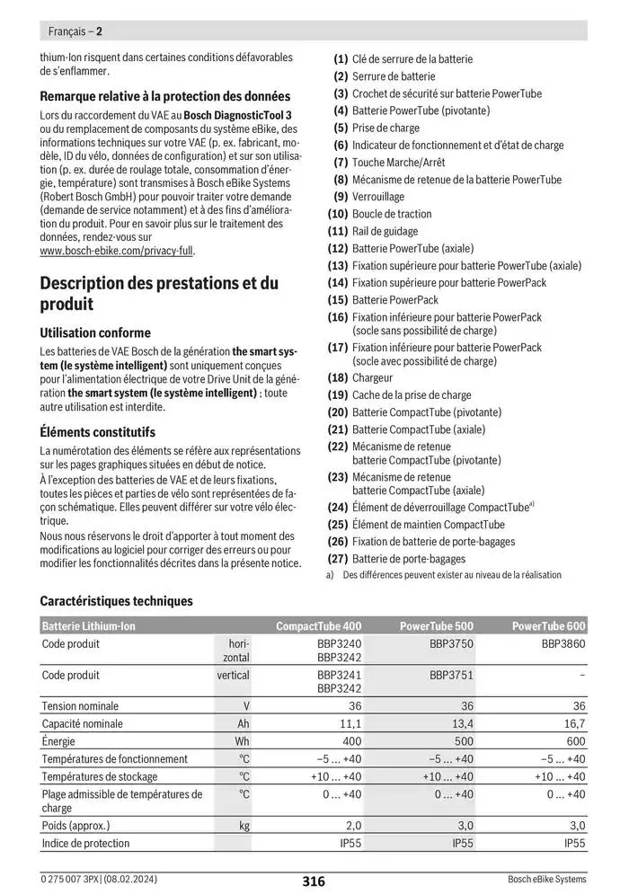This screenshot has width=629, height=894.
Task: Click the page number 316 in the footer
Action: (x=314, y=881)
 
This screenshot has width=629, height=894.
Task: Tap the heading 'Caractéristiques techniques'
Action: (x=117, y=601)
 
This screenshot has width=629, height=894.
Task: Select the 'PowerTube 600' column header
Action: (x=548, y=626)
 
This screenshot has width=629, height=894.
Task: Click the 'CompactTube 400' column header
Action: (x=318, y=626)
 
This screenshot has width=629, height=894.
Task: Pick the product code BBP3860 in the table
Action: (x=563, y=644)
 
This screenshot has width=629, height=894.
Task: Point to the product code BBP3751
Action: (x=451, y=675)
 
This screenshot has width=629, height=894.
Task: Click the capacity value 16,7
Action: (x=572, y=723)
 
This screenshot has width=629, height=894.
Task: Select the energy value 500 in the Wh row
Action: (x=462, y=741)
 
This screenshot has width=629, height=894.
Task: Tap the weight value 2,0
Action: (x=353, y=825)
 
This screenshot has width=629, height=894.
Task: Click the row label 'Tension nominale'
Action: (x=80, y=706)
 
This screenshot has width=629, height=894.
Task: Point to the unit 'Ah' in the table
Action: (x=243, y=723)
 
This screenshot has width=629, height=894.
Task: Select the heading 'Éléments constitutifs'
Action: (x=98, y=432)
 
